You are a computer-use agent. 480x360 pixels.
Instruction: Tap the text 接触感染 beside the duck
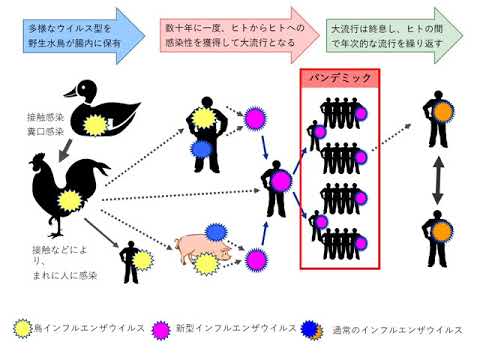pyautogui.click(x=44, y=117)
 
